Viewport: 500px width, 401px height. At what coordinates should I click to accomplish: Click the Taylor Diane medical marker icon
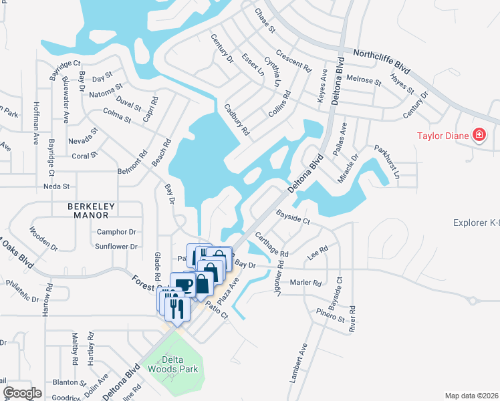click(x=479, y=136)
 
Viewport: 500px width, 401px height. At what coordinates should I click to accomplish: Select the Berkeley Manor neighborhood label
click(x=93, y=207)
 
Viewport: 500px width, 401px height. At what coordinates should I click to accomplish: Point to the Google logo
click(x=22, y=392)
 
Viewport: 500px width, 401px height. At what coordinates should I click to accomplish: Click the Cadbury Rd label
click(x=237, y=118)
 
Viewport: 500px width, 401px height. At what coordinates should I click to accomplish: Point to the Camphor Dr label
click(x=116, y=232)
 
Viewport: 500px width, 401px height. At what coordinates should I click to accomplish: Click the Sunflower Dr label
click(x=116, y=247)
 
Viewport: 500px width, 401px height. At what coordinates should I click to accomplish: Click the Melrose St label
click(x=364, y=80)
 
